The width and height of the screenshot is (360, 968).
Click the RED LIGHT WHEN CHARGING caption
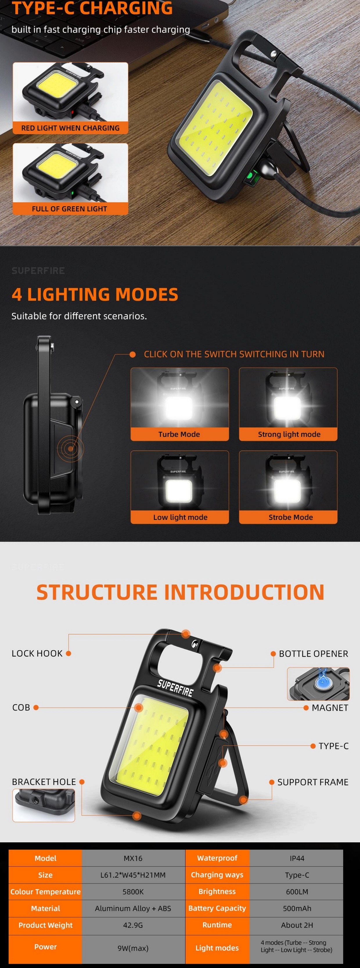70,128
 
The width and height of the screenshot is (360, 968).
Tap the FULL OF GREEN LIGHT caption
69,209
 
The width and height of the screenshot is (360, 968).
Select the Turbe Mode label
179,434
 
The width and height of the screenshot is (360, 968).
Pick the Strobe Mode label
291,517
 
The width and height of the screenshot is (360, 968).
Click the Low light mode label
180,517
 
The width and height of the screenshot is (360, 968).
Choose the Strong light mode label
289,434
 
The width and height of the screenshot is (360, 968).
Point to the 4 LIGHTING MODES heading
95,294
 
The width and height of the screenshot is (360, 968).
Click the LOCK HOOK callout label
37,654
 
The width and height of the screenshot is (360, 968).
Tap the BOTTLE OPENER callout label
313,654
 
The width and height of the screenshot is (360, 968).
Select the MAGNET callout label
330,708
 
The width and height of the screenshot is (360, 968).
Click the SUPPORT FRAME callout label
313,782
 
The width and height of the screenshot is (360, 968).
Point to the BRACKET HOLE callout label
44,782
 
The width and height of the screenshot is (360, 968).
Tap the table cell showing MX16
133,858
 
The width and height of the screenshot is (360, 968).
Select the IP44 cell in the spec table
297,858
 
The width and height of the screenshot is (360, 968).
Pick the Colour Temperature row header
46,892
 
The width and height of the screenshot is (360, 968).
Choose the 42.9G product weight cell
133,925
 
